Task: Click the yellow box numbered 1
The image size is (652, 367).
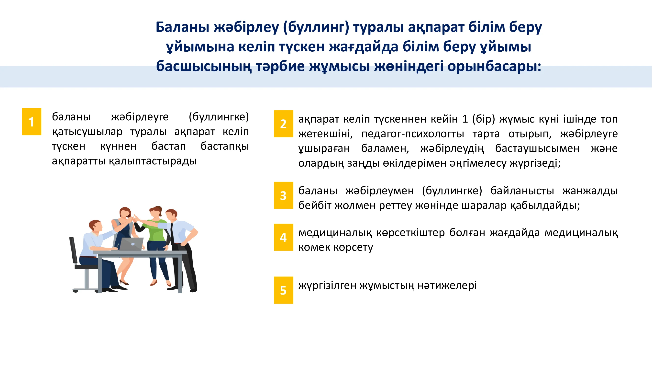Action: (32, 122)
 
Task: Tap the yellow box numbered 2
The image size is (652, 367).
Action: (284, 124)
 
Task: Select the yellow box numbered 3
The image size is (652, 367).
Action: (284, 195)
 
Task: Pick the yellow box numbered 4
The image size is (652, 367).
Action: (284, 237)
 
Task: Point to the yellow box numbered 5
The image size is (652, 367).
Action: (284, 290)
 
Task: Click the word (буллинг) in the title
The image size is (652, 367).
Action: (316, 27)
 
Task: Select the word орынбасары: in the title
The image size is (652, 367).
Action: (494, 67)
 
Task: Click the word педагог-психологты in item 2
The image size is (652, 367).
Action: (413, 134)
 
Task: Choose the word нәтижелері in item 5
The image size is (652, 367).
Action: (447, 286)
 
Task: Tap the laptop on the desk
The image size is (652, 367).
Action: (131, 244)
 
